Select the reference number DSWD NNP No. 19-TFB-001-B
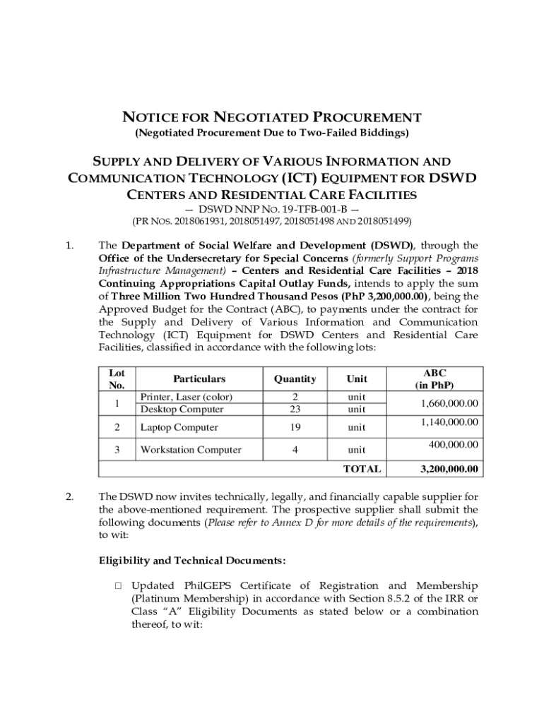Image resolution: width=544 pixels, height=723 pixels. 272,209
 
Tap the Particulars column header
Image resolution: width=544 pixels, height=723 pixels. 182,379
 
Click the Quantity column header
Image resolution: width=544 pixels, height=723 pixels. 295,379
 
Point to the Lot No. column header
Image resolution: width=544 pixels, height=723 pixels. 117,379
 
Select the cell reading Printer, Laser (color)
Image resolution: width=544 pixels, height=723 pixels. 187,397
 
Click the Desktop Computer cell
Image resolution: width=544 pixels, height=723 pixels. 182,410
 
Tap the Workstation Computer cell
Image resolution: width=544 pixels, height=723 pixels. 191,450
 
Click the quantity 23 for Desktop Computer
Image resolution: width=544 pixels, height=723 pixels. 295,410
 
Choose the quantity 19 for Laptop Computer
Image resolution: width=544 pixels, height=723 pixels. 295,427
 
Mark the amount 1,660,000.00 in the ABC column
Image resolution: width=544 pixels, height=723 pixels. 449,403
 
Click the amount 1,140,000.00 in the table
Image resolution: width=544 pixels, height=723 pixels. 449,422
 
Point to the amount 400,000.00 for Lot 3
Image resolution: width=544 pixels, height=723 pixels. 454,444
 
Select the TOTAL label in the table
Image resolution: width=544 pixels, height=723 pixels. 362,469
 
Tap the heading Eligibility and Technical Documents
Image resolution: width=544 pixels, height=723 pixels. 192,561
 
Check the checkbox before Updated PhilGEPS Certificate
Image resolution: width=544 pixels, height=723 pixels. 118,586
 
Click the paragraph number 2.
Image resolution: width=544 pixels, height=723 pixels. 69,496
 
